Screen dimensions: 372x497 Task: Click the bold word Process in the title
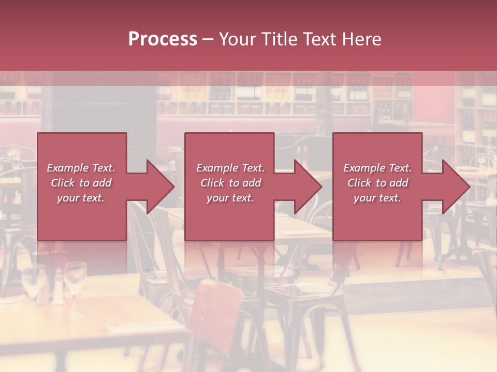tap(163, 39)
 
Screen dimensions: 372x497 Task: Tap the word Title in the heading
tap(279, 39)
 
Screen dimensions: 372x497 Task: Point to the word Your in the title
tap(237, 39)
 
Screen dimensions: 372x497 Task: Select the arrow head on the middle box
tap(307, 187)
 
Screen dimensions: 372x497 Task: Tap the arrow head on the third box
tap(455, 187)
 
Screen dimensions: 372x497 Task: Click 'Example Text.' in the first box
tap(81, 168)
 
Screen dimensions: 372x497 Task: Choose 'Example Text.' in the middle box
tap(230, 168)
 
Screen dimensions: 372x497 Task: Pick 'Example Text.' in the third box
tap(377, 168)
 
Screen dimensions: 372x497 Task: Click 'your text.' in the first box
tap(81, 198)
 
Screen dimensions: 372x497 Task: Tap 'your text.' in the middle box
tap(230, 198)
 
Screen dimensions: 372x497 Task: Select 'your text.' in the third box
tap(377, 198)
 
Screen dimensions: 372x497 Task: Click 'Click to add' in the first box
tap(81, 183)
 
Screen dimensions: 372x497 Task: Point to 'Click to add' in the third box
tap(377, 183)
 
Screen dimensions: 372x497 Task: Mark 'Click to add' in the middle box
tap(230, 183)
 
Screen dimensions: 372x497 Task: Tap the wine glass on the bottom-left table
tap(76, 279)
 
